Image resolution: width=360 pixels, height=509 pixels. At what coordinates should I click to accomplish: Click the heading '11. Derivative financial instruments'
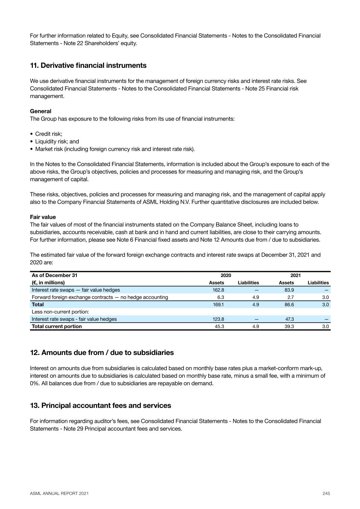(x=88, y=66)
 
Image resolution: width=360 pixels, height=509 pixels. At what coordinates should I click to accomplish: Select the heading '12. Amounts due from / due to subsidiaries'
(x=102, y=353)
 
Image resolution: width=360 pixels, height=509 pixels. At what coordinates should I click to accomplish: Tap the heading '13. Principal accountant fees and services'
(x=100, y=406)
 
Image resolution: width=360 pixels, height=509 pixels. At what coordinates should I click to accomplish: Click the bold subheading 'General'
(x=41, y=111)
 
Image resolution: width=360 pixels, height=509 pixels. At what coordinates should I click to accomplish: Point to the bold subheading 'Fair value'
(x=43, y=217)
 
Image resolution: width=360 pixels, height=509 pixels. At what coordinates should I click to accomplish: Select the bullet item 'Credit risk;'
(x=48, y=134)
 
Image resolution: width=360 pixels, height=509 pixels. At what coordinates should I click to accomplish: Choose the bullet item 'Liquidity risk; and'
(x=57, y=141)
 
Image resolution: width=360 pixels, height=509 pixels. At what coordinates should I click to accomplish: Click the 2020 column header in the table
(x=226, y=276)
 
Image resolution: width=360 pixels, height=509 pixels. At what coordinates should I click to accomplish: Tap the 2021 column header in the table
(x=295, y=276)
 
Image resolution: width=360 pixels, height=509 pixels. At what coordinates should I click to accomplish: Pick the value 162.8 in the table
(x=218, y=290)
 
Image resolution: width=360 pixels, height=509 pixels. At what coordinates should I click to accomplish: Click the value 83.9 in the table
(x=289, y=290)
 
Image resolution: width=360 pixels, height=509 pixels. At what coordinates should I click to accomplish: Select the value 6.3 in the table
(x=220, y=297)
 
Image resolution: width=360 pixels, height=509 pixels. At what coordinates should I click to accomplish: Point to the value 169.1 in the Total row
(x=218, y=305)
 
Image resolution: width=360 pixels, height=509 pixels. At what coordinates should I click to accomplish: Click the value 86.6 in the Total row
(x=289, y=305)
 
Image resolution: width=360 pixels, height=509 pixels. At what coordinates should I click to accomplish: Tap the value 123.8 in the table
(x=218, y=319)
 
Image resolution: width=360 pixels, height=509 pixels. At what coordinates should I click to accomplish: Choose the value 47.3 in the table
(x=289, y=319)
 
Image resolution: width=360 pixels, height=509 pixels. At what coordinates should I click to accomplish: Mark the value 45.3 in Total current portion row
(x=219, y=326)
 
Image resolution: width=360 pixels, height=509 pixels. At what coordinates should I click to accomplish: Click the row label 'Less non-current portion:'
(x=60, y=312)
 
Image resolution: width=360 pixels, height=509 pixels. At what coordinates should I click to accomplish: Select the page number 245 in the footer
(x=326, y=493)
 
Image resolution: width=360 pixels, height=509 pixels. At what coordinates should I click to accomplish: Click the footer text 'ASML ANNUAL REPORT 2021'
(x=59, y=493)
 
